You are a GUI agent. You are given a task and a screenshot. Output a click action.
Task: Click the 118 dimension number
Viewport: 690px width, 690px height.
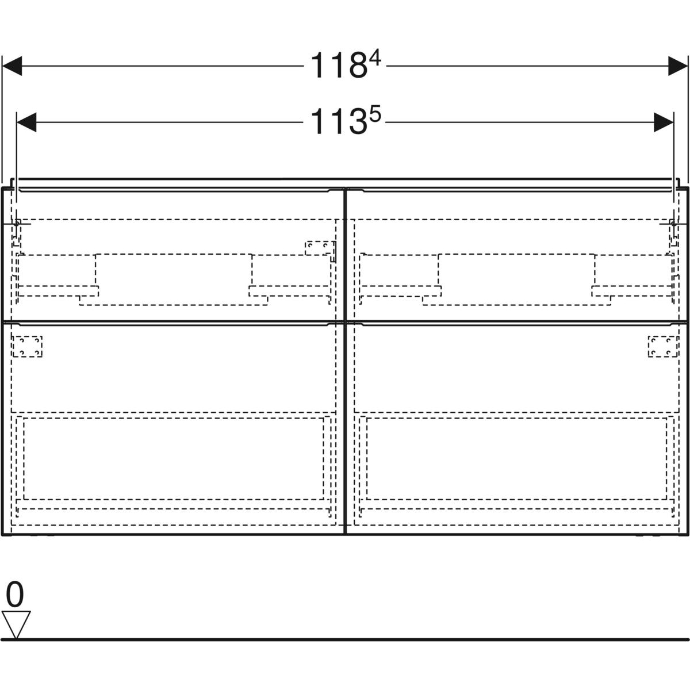339,66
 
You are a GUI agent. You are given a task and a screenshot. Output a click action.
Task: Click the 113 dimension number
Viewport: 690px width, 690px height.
339,122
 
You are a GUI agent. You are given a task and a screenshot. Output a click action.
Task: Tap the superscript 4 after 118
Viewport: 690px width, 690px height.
375,59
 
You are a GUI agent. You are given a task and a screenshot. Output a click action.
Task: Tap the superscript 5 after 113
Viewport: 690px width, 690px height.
375,115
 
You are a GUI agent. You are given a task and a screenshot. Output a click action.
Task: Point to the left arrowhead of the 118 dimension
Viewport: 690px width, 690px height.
12,66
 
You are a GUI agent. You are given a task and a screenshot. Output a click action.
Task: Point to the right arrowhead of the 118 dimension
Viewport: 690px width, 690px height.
678,66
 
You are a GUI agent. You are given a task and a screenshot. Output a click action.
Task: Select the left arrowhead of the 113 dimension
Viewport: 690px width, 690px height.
26,122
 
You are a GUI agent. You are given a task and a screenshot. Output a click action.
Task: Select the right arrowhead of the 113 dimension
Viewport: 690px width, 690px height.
664,122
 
